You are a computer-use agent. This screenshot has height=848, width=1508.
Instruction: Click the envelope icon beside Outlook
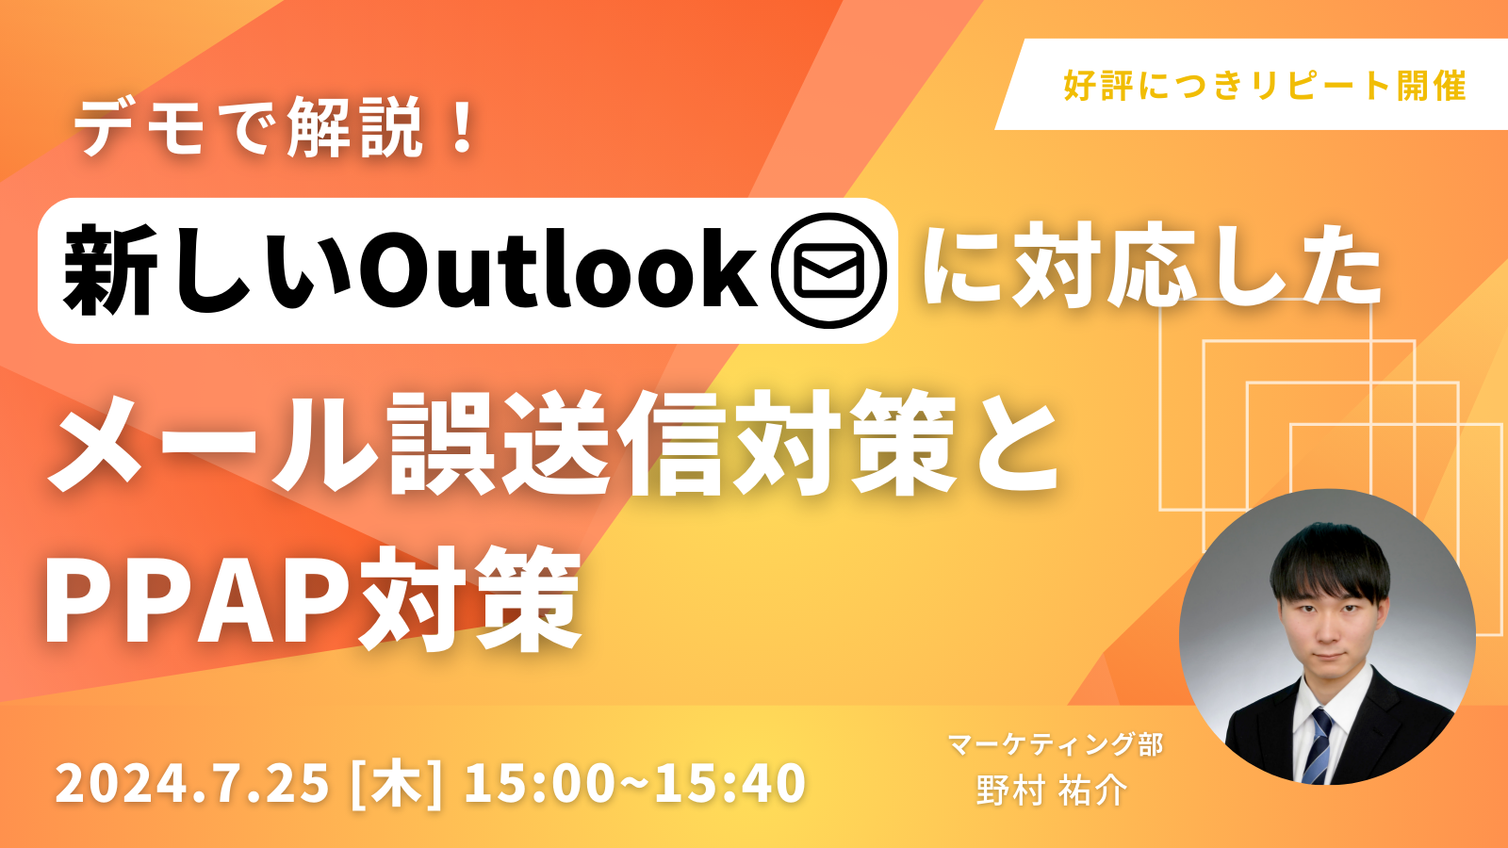click(x=828, y=270)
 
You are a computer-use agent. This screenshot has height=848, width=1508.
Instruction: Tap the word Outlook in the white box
click(x=558, y=270)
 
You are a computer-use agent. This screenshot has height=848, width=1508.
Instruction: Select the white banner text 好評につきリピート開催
click(x=1264, y=86)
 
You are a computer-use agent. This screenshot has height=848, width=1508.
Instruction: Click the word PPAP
click(x=200, y=595)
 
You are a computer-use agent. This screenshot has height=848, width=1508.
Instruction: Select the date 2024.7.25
click(x=192, y=783)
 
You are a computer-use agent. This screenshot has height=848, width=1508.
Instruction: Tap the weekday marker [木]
click(x=397, y=783)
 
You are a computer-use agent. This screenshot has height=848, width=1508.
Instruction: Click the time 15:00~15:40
click(x=635, y=783)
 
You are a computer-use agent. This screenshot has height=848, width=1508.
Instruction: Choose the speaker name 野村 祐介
click(x=1052, y=791)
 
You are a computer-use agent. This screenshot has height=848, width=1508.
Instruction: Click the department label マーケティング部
click(x=1056, y=744)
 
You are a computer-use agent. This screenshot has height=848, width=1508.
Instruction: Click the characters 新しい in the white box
click(x=206, y=270)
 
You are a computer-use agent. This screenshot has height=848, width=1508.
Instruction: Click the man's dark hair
click(x=1329, y=560)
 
